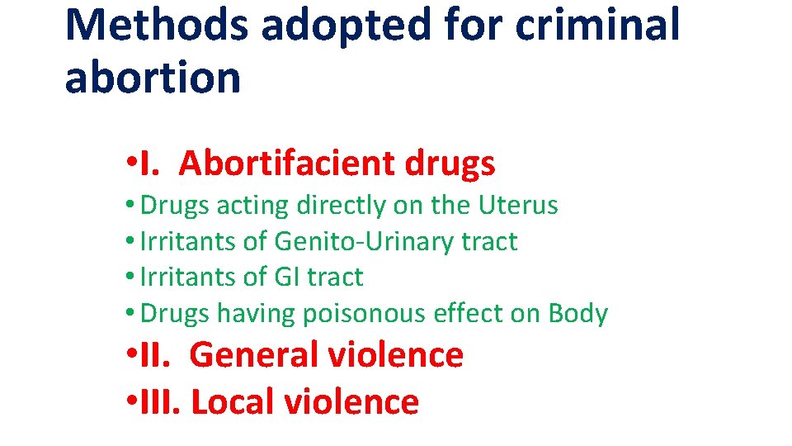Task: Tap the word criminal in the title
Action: click(598, 25)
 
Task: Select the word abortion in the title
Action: click(153, 77)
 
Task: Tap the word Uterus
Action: click(517, 205)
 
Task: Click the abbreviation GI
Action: click(288, 277)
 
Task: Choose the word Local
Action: click(233, 401)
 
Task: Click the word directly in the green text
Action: click(328, 206)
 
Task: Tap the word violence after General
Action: click(396, 355)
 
